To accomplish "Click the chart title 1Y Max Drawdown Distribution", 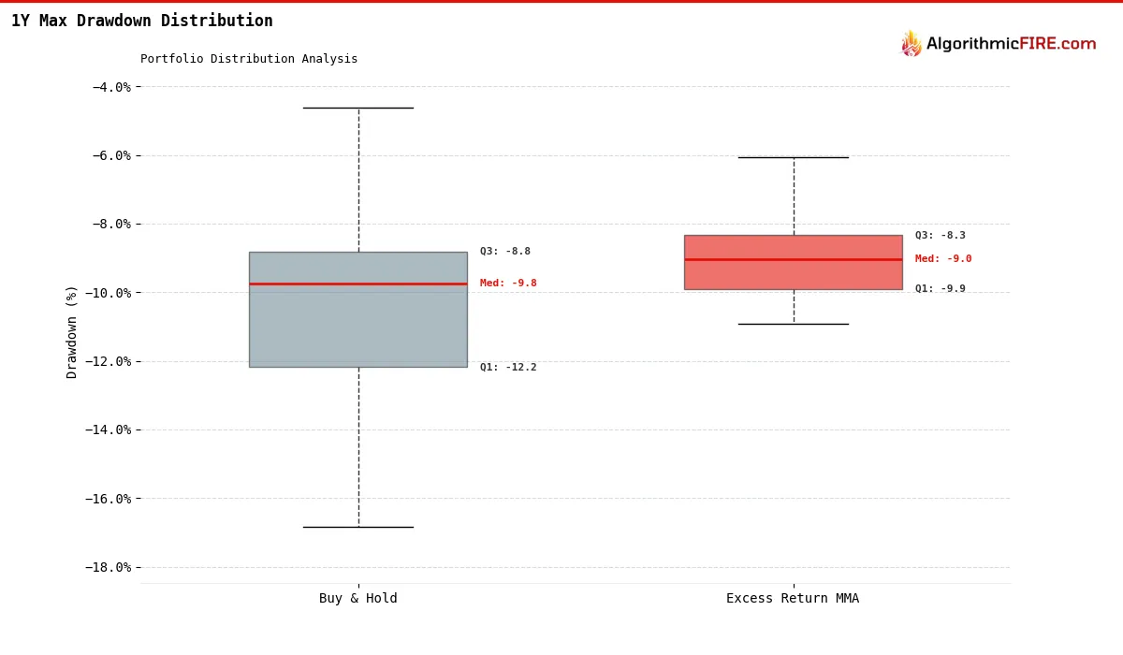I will click(142, 21).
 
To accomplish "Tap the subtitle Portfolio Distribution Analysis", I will click(249, 59).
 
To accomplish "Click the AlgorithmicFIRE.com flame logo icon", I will click(911, 44).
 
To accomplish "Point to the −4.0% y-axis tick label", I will click(111, 87).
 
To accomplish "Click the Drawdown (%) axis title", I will click(72, 332).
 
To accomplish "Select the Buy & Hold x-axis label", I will click(358, 599).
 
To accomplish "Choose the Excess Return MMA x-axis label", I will click(793, 599).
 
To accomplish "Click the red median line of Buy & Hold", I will click(358, 284).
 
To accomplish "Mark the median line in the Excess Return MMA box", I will click(794, 259).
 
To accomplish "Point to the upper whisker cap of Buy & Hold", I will click(358, 108).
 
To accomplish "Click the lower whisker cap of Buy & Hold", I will click(358, 527).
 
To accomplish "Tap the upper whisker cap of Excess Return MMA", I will click(794, 157).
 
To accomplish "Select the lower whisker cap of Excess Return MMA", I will click(794, 324).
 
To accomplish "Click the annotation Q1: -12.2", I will click(508, 368).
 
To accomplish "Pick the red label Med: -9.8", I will click(508, 284).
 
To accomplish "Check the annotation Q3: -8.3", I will click(941, 236).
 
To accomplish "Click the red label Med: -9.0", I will click(943, 259).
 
